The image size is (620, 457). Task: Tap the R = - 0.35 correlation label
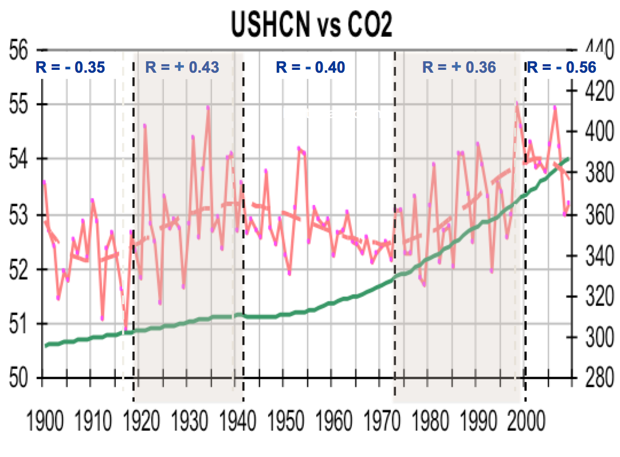[x=70, y=67]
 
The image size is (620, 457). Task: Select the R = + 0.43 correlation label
[x=182, y=67]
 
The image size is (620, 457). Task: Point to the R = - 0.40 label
[x=311, y=67]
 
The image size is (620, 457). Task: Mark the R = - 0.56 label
[x=562, y=67]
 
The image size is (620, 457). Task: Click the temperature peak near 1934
[x=208, y=107]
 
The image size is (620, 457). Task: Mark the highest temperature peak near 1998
[x=517, y=103]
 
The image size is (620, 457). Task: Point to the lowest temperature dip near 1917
[x=125, y=328]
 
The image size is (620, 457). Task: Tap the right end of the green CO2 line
[x=568, y=159]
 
